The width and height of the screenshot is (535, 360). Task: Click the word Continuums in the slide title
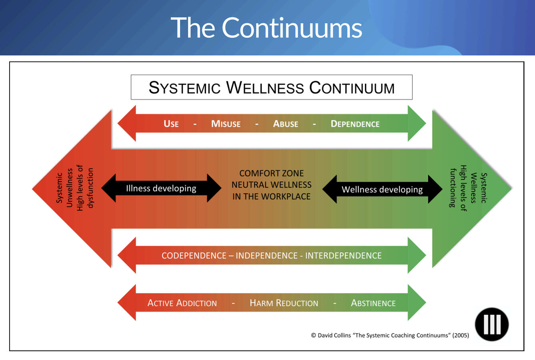292,28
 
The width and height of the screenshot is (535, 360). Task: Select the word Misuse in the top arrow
226,124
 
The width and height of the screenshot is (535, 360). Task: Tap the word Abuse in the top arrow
285,124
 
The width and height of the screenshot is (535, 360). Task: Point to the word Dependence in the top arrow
355,124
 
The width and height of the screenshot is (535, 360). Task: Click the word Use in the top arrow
171,124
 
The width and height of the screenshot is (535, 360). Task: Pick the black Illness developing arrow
161,188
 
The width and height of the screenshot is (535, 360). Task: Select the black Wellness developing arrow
382,189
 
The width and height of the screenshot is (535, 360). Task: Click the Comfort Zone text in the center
271,173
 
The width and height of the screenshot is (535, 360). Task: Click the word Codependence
194,255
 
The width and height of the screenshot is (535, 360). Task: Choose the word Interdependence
343,255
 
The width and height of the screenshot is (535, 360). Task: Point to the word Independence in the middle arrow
266,255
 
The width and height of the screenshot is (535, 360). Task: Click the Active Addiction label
182,303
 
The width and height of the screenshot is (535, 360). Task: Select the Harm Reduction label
284,303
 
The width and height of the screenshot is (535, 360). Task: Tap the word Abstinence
373,303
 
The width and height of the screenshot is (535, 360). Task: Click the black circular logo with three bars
491,324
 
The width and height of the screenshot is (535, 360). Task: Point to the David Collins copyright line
390,336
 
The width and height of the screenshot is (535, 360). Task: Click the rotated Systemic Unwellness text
64,188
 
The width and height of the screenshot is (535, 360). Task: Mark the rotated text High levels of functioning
458,188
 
